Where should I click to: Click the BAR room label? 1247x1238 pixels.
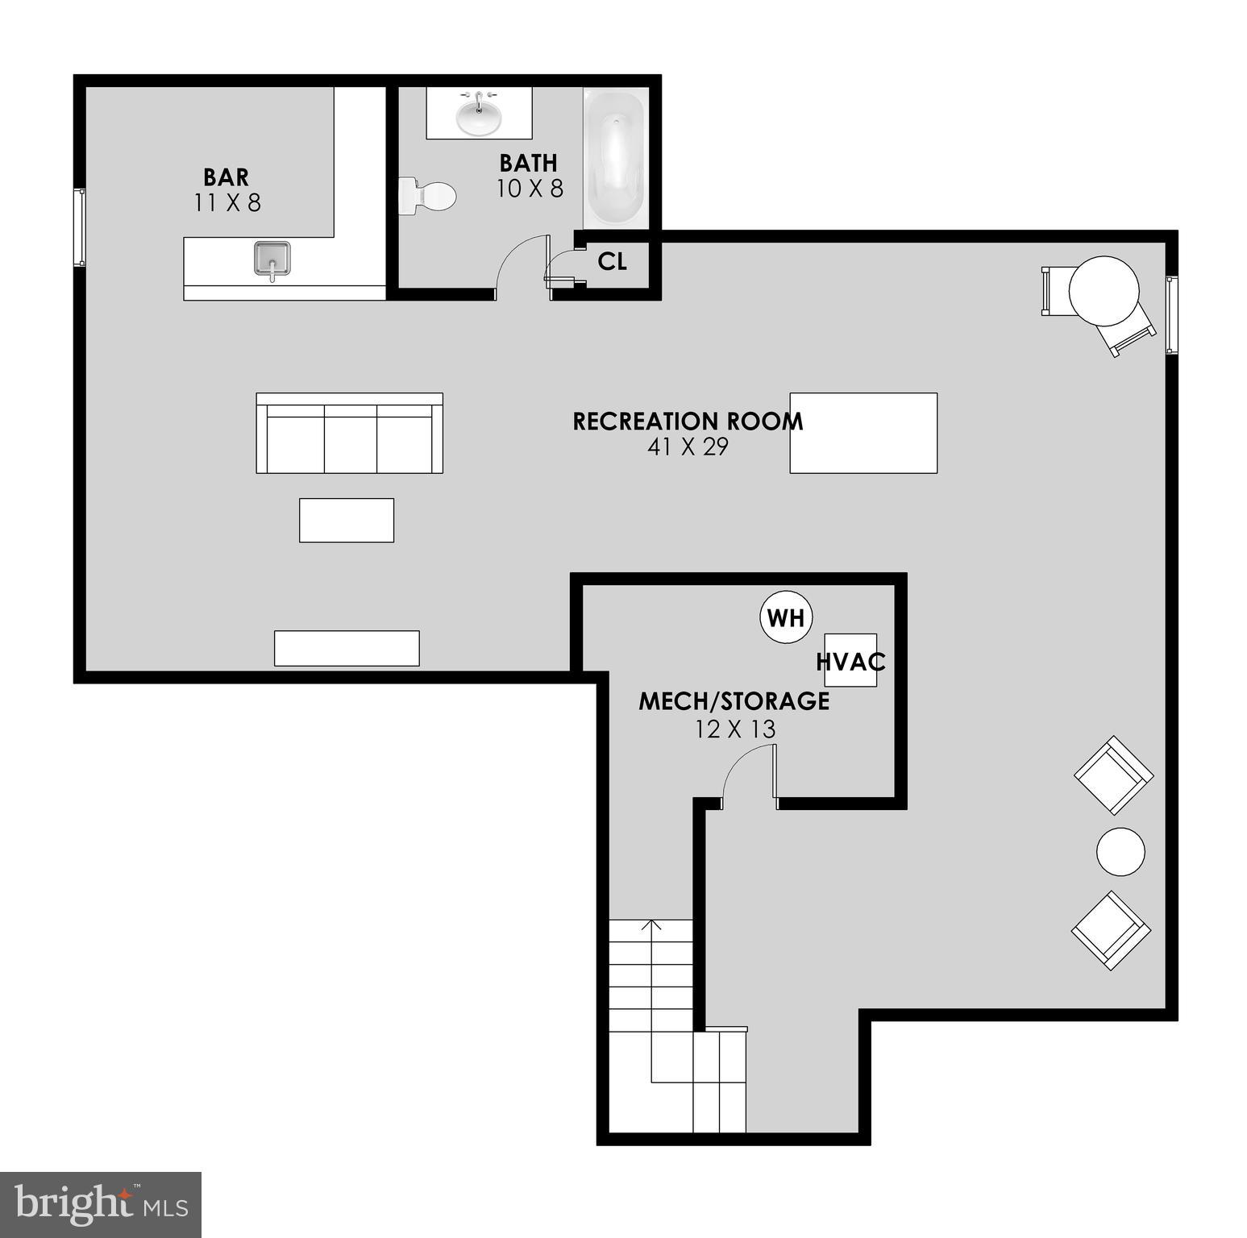point(226,177)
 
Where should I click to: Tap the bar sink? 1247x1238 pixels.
point(272,259)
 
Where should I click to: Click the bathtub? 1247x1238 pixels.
point(615,157)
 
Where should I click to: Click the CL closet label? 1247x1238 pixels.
point(613,261)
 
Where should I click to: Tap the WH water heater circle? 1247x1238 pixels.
point(786,618)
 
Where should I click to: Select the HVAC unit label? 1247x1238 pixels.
point(850,662)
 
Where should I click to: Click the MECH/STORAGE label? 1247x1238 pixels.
point(734,701)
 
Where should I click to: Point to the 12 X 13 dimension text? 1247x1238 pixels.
point(735,729)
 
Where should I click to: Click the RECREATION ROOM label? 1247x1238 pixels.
point(688,422)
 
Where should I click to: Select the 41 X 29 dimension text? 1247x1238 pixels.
point(688,447)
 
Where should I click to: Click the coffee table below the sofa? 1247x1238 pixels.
point(347,520)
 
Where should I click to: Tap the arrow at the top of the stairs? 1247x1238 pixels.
point(651,925)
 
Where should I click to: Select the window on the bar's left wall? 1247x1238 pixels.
point(80,227)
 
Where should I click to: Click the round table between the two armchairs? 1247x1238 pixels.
point(1120,851)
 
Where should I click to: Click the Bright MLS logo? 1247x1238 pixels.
point(101,1204)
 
